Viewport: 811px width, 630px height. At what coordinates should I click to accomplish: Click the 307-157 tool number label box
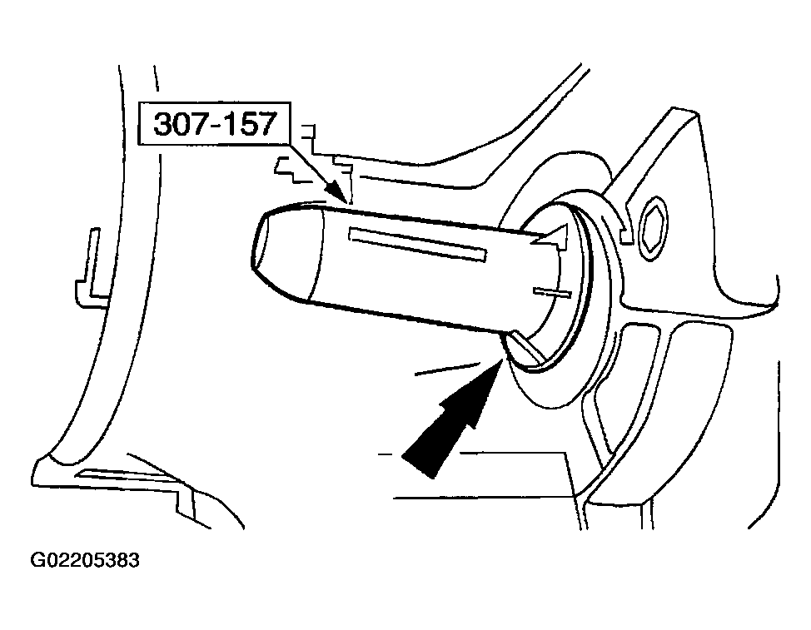pos(214,123)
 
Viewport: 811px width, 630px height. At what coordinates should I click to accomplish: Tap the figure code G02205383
pos(85,560)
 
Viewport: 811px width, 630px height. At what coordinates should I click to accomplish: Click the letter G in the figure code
pos(37,560)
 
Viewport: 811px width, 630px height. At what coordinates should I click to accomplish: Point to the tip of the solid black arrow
pos(502,360)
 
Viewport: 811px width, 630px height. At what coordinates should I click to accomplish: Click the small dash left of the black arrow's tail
pos(386,454)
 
